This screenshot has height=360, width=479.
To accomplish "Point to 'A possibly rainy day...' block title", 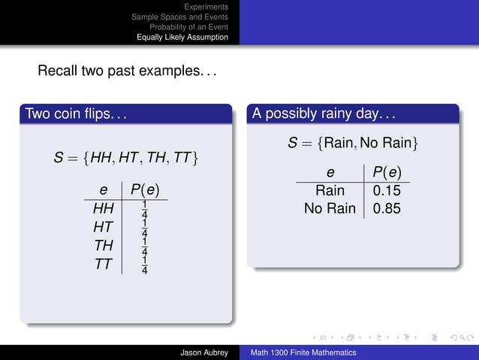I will (324, 115).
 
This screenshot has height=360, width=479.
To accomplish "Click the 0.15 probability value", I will (387, 191).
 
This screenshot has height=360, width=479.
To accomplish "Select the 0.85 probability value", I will (387, 208).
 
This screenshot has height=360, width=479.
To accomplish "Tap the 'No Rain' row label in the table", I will (330, 208).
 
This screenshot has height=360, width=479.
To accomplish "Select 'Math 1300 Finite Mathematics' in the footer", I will (303, 352).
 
